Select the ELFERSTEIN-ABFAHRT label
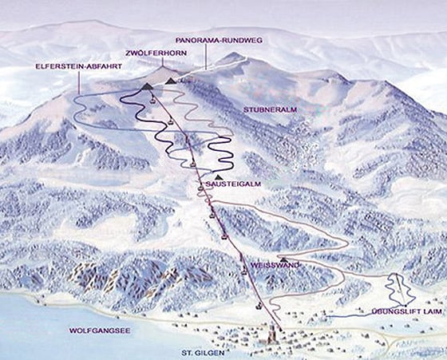(x=77, y=66)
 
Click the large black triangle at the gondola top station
(x=148, y=85)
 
